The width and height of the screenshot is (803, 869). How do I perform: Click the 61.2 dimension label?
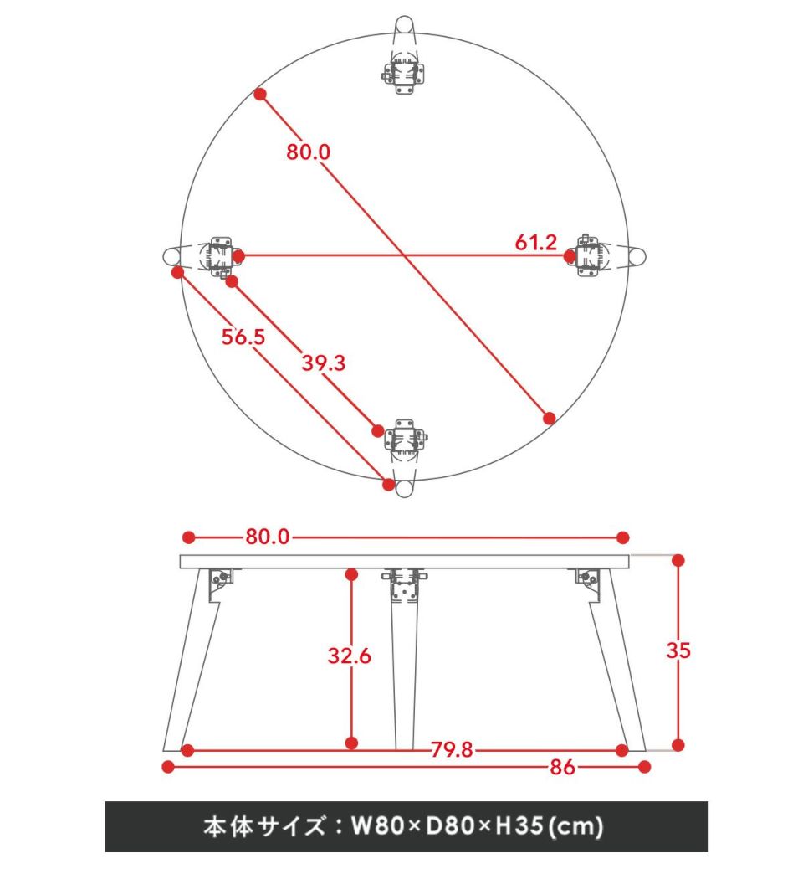tap(535, 242)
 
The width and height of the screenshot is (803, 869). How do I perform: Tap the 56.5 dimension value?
tap(243, 337)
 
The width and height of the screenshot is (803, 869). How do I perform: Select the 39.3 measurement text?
tap(324, 363)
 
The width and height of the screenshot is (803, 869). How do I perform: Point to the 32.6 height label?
tap(349, 656)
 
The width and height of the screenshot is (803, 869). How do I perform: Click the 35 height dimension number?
tap(678, 650)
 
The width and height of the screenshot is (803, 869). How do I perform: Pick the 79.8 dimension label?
tap(452, 750)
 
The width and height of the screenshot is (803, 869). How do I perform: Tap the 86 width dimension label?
tap(562, 767)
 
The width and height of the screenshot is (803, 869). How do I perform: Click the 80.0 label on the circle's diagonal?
tap(308, 152)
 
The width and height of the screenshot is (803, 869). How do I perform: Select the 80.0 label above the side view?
tap(268, 537)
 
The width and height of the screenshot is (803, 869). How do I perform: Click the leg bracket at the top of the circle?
tap(404, 74)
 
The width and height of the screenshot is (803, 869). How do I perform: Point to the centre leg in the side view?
tap(404, 660)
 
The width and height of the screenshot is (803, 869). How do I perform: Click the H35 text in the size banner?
tap(519, 825)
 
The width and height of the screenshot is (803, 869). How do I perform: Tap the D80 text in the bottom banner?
tap(450, 825)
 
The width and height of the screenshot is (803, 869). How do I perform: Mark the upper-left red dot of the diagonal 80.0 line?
tap(260, 95)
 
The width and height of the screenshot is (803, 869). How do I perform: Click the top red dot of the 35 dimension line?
tap(678, 560)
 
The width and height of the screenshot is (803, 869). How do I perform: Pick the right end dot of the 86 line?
tap(644, 767)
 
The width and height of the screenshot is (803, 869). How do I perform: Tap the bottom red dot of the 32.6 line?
tap(351, 743)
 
